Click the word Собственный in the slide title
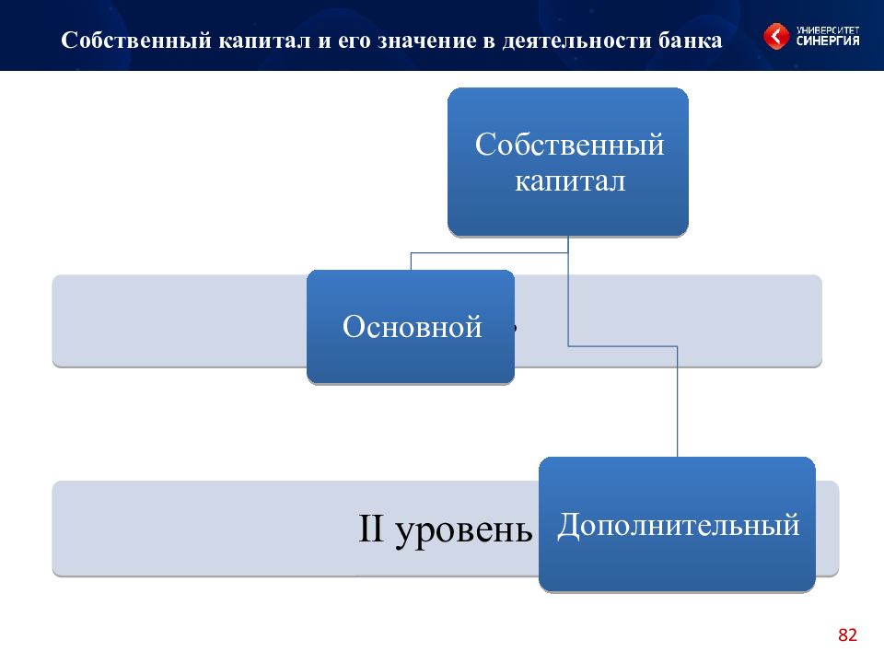(136, 40)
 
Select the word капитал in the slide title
(264, 41)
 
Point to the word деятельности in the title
(577, 41)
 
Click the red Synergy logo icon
(776, 36)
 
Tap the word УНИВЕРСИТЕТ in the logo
(828, 29)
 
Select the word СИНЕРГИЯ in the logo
(828, 41)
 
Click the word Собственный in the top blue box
(569, 145)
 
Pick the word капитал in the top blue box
(570, 181)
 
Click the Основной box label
(413, 326)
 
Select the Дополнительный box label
(679, 526)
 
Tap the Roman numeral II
(371, 529)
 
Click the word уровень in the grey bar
(464, 532)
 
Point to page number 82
(847, 634)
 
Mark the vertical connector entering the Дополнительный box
(677, 401)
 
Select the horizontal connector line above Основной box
(489, 253)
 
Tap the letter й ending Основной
(473, 326)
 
